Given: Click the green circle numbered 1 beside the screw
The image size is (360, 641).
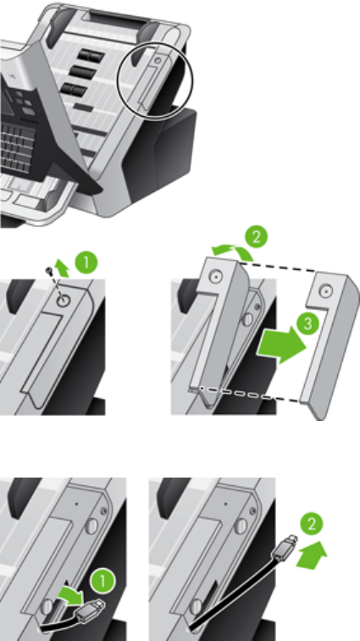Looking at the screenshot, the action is point(86,262).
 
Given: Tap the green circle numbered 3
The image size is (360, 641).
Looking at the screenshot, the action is point(307,324).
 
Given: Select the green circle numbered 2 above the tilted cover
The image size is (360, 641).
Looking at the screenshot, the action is point(257,237).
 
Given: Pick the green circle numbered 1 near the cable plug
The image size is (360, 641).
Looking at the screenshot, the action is point(102,582).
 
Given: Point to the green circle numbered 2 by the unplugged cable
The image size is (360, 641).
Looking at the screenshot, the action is point(312,524).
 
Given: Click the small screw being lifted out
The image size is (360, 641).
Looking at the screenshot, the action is point(49,270).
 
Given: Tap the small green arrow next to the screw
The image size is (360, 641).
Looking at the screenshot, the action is point(62,268).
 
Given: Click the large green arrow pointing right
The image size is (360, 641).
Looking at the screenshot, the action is point(281,345).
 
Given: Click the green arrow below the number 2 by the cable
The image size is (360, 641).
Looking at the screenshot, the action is point(312,555).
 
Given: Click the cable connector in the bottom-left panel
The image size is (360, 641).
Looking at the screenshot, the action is point(91,609).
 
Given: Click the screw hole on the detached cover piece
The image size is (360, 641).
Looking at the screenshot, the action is point(325,292).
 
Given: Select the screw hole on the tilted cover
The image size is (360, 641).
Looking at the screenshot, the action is point(216,277).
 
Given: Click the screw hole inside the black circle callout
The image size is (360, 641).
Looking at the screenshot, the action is point(158,60).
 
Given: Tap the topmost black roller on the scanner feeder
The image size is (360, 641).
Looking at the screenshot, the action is point(91,55).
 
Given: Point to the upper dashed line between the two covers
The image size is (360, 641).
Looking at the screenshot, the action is point(279,268).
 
